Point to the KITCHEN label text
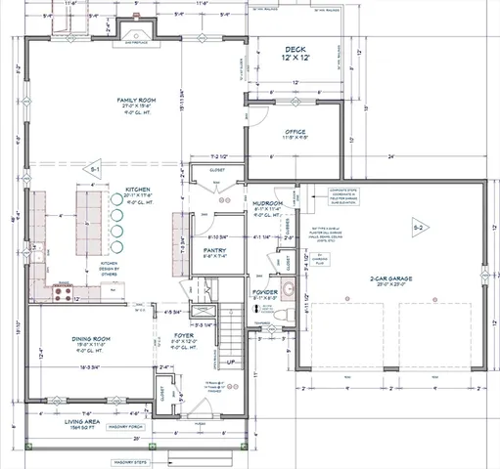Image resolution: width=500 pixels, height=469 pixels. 137,191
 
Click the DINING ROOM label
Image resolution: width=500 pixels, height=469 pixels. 90,340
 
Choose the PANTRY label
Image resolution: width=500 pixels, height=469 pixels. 214,250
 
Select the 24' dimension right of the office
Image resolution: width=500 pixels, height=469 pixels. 389,156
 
